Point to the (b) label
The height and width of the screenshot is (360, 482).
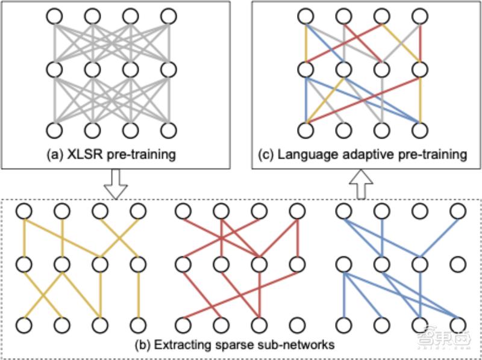[x=143, y=345]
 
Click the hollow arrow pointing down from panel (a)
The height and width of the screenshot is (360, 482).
[x=115, y=184]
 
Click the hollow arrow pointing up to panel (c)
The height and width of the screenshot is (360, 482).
[x=361, y=184]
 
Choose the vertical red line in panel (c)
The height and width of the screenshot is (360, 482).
[x=420, y=43]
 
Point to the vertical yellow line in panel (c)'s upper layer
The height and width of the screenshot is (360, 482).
[x=306, y=43]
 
